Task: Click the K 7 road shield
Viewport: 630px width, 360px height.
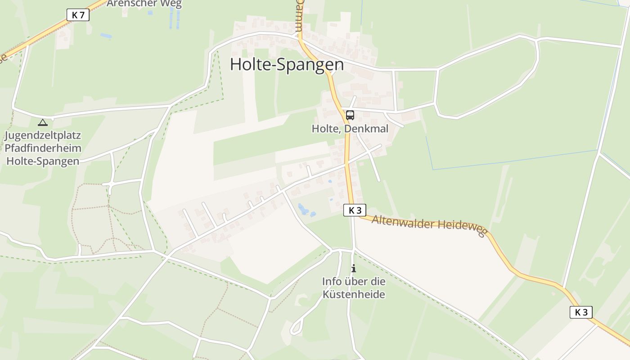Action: [x=78, y=15]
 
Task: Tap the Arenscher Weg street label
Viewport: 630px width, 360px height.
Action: [x=144, y=4]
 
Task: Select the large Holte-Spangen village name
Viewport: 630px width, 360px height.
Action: [x=287, y=64]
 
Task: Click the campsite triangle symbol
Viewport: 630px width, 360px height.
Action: [x=42, y=122]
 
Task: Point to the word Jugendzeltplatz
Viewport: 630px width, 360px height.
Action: [x=43, y=135]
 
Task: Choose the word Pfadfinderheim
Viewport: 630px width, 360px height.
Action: [x=43, y=148]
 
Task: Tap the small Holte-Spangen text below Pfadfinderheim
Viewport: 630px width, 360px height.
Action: [x=43, y=161]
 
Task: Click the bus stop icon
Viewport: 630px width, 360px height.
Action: [x=350, y=115]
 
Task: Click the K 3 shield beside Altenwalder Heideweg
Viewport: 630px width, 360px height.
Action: [x=355, y=210]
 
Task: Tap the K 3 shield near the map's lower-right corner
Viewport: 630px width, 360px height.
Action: [x=581, y=312]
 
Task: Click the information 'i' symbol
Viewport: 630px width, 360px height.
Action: [x=354, y=269]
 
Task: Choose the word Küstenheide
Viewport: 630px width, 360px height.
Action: [x=354, y=295]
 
